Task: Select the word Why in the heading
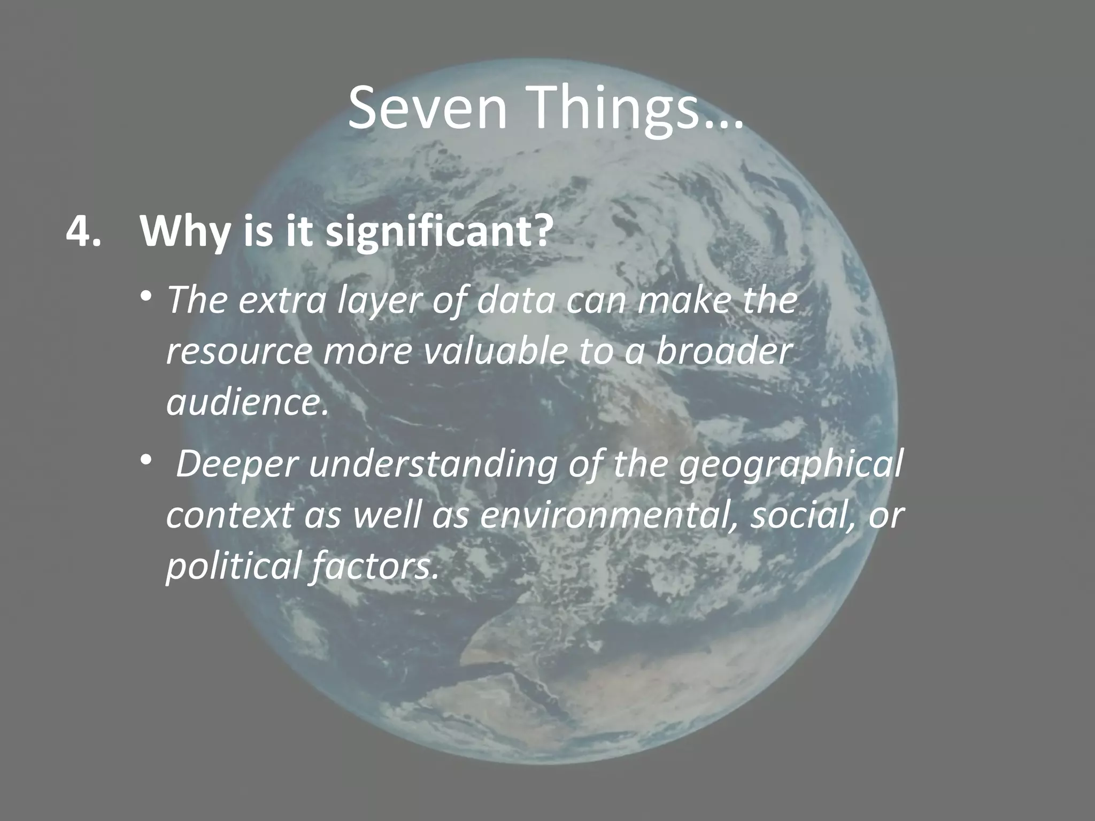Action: tap(182, 234)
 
